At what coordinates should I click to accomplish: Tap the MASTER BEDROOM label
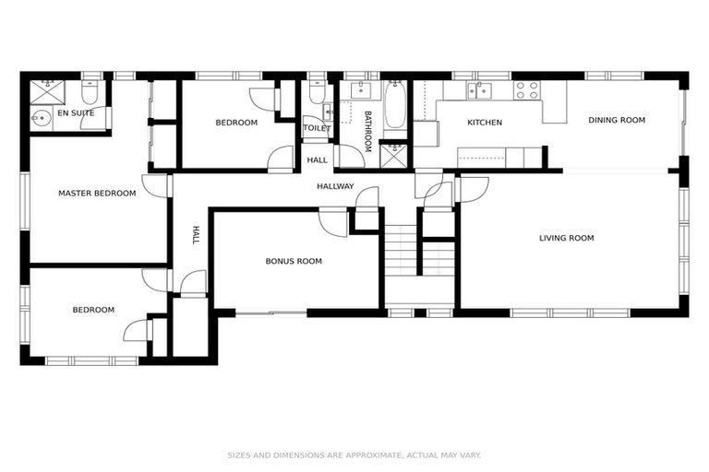click(x=97, y=194)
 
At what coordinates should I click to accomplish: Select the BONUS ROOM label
click(x=294, y=261)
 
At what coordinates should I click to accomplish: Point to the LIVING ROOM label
click(x=566, y=238)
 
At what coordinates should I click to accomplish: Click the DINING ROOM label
click(x=617, y=120)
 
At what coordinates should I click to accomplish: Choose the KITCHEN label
click(x=484, y=123)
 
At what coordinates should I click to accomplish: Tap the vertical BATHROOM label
click(x=367, y=131)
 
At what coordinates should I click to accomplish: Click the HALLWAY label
click(x=335, y=186)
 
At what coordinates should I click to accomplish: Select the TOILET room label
click(x=317, y=128)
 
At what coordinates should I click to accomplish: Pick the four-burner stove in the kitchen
click(x=526, y=89)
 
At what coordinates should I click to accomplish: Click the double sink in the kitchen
click(x=478, y=89)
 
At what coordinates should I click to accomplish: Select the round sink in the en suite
click(x=40, y=117)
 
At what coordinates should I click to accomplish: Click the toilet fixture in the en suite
click(x=90, y=93)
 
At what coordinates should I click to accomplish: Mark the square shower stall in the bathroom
click(x=394, y=154)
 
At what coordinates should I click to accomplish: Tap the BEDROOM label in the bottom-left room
click(x=93, y=310)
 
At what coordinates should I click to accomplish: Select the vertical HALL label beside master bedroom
click(x=196, y=235)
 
